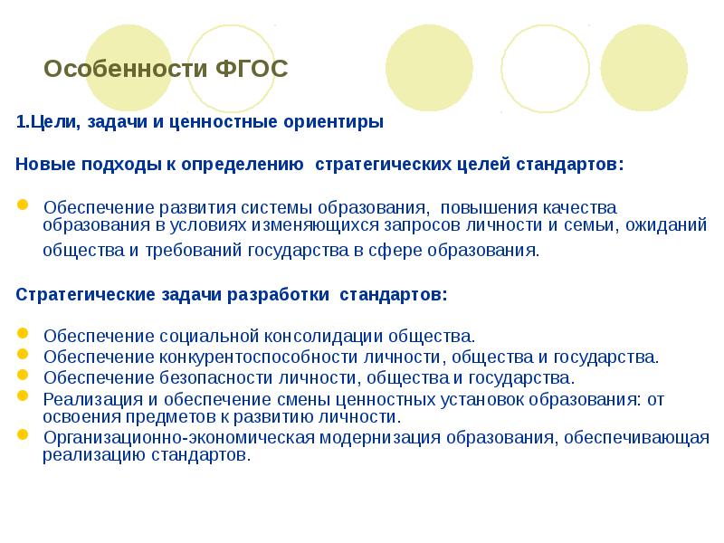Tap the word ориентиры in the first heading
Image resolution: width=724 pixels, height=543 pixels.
pos(339,122)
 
